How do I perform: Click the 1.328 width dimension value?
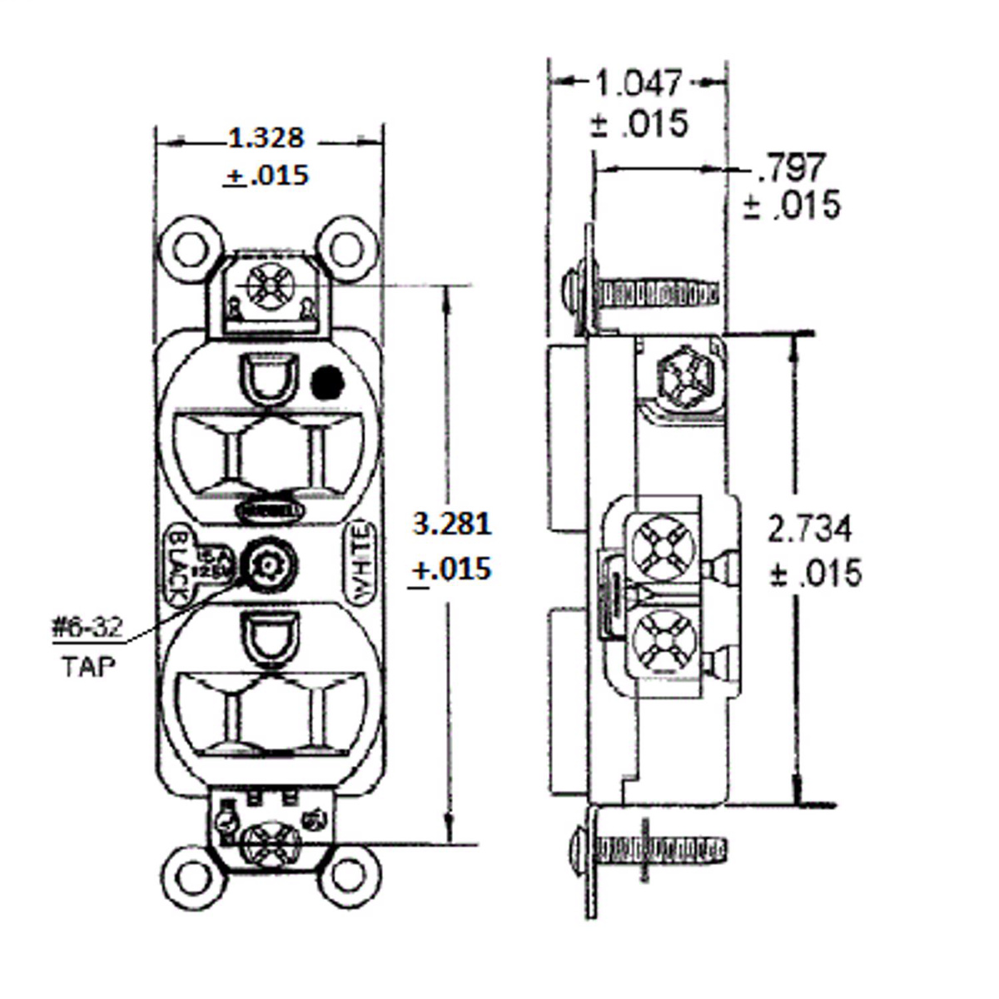click(x=266, y=138)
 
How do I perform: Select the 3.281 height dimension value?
click(x=452, y=524)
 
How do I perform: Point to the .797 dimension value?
click(x=791, y=168)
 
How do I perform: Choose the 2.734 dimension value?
click(x=809, y=529)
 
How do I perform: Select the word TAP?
click(x=87, y=666)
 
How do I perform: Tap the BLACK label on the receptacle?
click(x=177, y=566)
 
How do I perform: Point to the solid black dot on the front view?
click(x=327, y=383)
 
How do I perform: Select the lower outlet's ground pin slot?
click(x=268, y=639)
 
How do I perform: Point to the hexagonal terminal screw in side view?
click(x=681, y=380)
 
